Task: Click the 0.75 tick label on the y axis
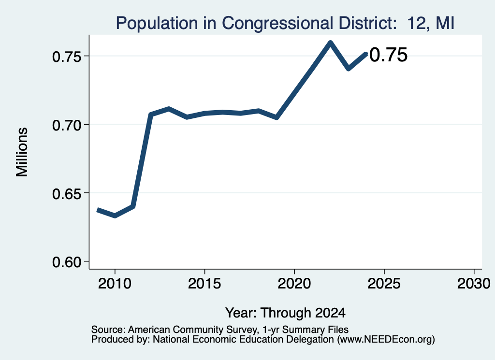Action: (67, 57)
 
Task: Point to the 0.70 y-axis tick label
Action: (67, 125)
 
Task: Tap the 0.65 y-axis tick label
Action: (67, 194)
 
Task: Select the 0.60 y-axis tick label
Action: (67, 262)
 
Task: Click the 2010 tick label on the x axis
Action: (115, 284)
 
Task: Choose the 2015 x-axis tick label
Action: (204, 284)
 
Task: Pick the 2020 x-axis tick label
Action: (294, 284)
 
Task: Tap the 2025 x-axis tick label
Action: (384, 284)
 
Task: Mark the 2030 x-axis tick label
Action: (474, 284)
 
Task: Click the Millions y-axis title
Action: (22, 152)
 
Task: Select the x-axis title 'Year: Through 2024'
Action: (285, 313)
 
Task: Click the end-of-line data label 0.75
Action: (388, 55)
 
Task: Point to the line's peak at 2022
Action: (330, 43)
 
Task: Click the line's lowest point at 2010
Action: (115, 216)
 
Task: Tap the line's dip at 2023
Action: (348, 69)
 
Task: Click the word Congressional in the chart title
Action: (277, 23)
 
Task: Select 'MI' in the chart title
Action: (445, 23)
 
